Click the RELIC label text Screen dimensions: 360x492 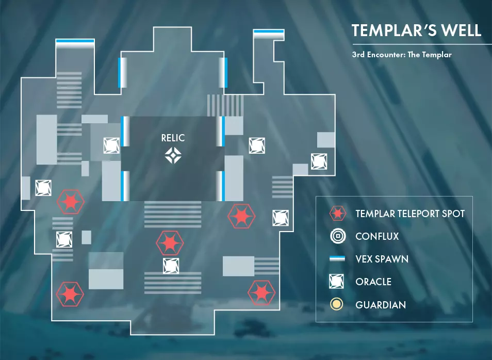172,138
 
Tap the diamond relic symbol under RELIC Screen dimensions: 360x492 172,155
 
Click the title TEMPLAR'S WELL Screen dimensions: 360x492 416,30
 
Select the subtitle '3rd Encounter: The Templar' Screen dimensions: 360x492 402,54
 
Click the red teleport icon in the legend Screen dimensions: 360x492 337,214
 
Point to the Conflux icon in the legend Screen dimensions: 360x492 337,237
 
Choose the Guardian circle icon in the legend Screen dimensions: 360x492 337,305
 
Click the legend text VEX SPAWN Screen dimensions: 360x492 382,259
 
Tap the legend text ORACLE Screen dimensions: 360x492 373,282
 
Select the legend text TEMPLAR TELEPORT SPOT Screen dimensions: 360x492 410,214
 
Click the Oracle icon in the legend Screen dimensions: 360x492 337,282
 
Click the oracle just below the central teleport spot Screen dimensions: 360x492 171,266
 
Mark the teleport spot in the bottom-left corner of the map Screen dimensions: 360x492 70,293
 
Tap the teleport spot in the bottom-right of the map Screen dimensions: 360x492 261,292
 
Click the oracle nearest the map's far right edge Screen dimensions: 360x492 319,161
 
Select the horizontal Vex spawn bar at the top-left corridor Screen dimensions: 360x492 75,41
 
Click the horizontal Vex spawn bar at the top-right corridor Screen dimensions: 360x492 268,34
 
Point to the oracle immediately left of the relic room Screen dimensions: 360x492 111,145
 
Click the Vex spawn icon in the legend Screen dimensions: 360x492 337,259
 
